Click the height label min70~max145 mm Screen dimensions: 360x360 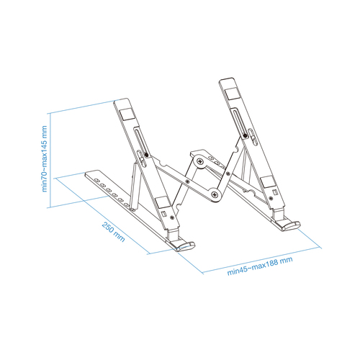coord(44,159)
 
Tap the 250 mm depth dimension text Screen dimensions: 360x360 coord(113,232)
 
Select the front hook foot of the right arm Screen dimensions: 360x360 coord(289,223)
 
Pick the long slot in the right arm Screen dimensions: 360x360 coord(239,120)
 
